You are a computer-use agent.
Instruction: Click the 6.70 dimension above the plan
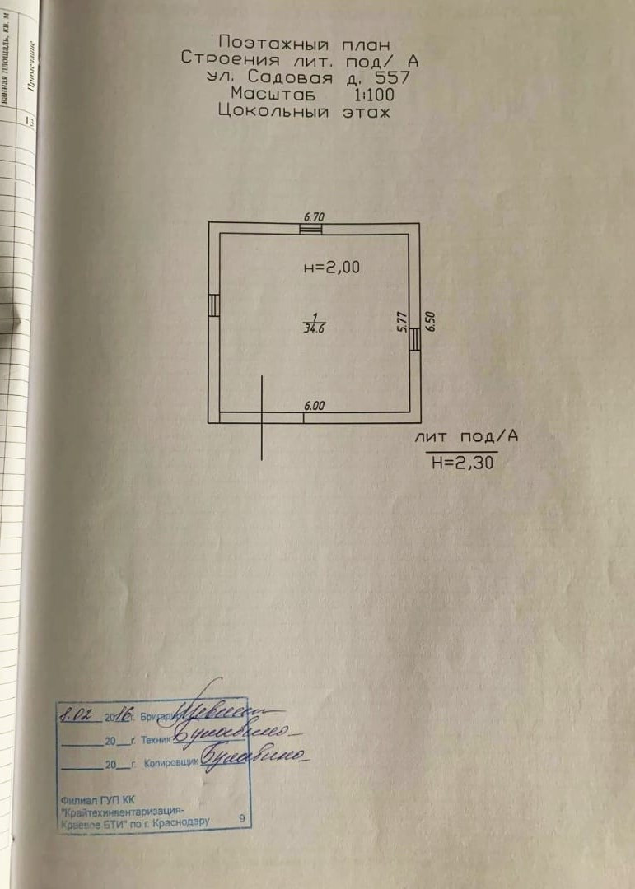coord(315,216)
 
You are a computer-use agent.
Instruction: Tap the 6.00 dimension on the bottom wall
coord(315,406)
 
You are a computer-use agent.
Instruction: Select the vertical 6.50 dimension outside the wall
coord(429,320)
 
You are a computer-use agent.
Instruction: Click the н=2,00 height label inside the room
coord(332,267)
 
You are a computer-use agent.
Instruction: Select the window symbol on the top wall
coord(310,229)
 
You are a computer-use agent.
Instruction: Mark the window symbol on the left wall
coord(214,305)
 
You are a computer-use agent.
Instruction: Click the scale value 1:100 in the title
coord(374,95)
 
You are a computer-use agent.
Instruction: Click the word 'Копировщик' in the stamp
coord(172,764)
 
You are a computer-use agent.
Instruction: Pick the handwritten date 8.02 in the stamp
coord(77,712)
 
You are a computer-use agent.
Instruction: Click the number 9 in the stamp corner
coord(241,818)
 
